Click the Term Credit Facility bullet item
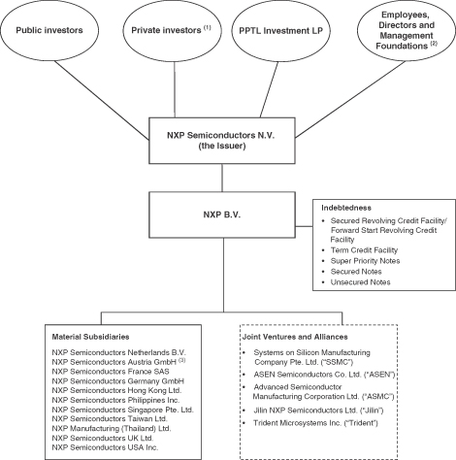(x=364, y=250)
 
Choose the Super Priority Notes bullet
(x=365, y=261)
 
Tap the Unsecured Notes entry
(x=360, y=282)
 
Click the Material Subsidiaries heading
(x=90, y=337)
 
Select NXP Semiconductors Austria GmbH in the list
(x=114, y=362)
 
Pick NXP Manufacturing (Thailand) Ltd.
(x=112, y=428)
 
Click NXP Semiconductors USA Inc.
(x=105, y=447)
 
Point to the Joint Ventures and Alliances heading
(x=295, y=337)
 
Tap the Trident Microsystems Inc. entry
(x=315, y=423)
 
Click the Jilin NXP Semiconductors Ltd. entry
(x=318, y=411)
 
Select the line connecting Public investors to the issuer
(x=102, y=101)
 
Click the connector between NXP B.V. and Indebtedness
(x=304, y=226)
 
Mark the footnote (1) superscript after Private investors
(x=208, y=27)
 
